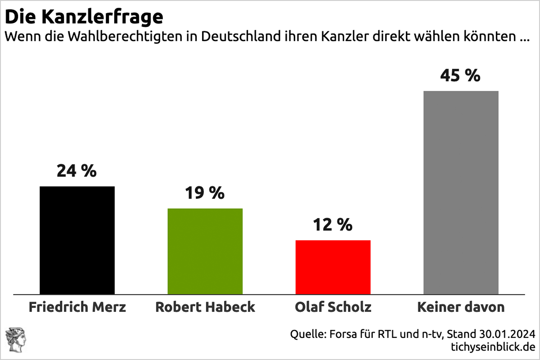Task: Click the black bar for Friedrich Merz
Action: point(77,240)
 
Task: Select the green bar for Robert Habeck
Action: point(205,251)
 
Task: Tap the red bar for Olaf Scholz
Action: point(333,267)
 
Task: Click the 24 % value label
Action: point(77,171)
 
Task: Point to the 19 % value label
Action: point(205,193)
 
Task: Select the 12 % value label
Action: point(333,225)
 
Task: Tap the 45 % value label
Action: point(460,76)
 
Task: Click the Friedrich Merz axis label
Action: point(77,307)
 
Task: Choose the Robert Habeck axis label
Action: point(205,307)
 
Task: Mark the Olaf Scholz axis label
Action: point(333,307)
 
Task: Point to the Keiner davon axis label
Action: point(461,307)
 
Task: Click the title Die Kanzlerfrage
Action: point(84,17)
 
